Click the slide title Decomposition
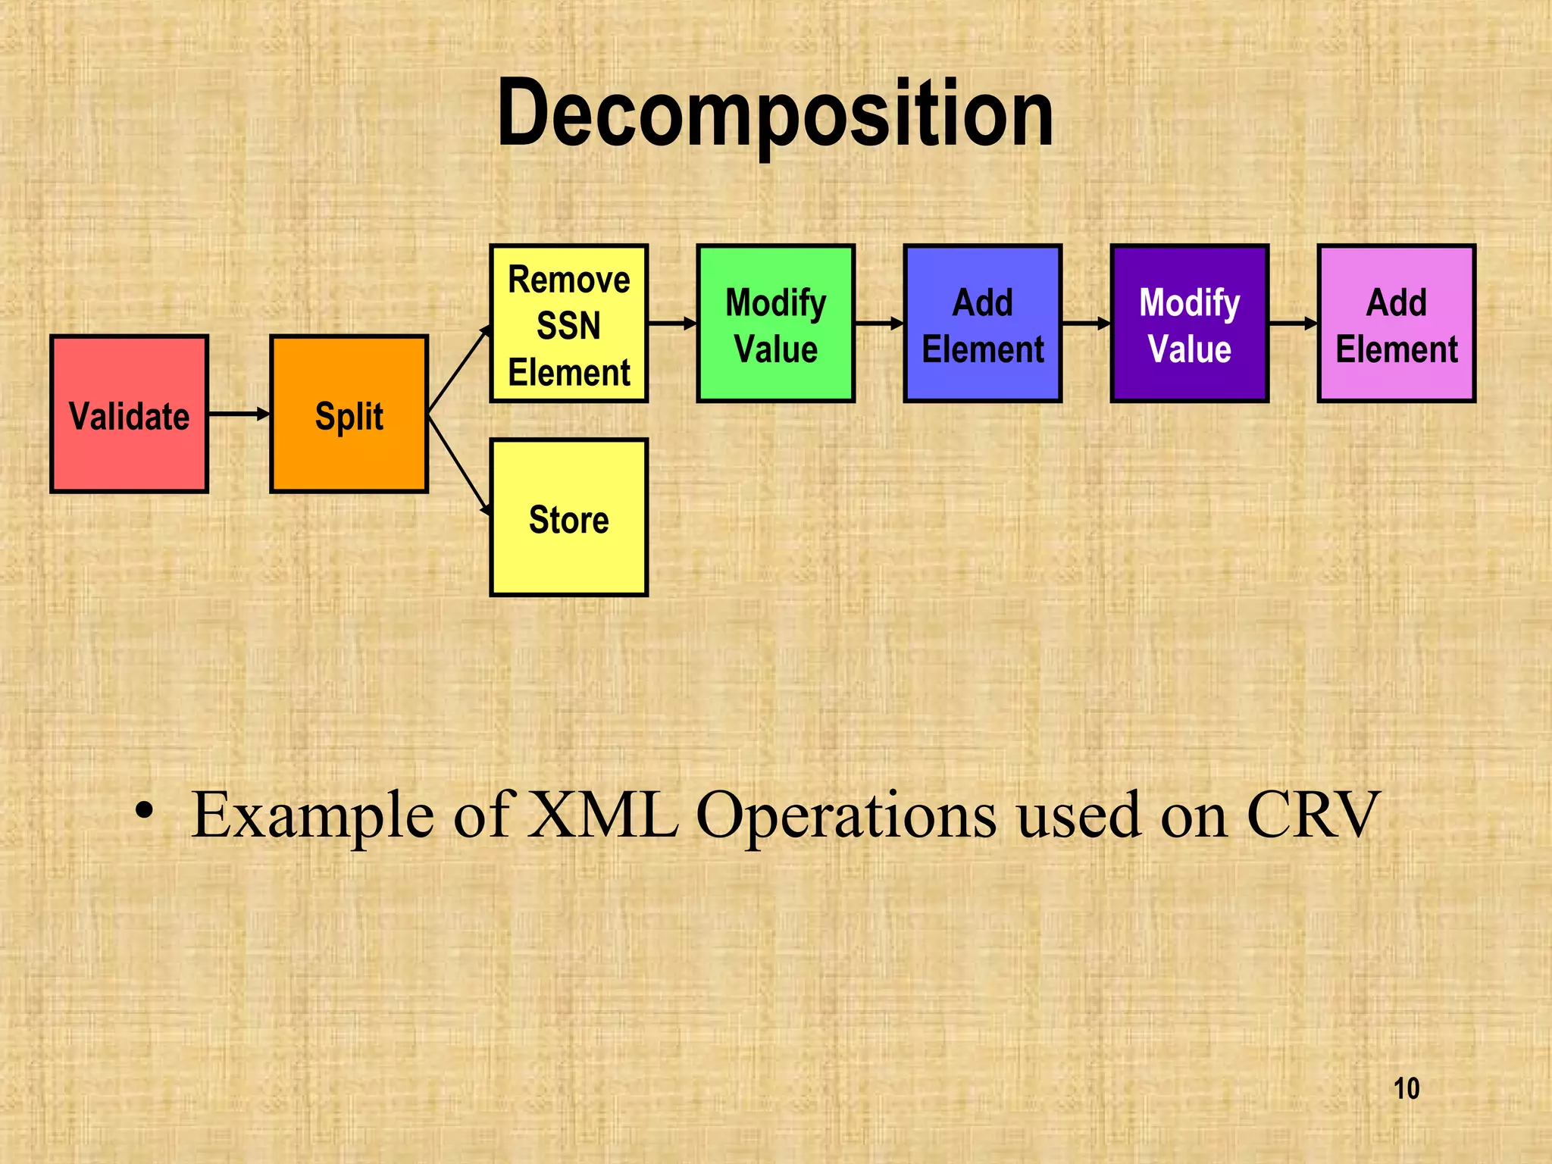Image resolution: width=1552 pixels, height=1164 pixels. pyautogui.click(x=774, y=114)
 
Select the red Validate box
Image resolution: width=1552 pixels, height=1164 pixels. pyautogui.click(x=129, y=415)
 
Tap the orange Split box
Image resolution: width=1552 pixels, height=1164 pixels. pyautogui.click(x=349, y=415)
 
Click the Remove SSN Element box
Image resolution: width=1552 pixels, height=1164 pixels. pyautogui.click(x=568, y=324)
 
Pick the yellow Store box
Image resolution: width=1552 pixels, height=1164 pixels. pyautogui.click(x=568, y=518)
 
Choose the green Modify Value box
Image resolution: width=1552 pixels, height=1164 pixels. pyautogui.click(x=775, y=324)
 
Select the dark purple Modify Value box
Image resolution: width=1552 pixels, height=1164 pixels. pyautogui.click(x=1189, y=324)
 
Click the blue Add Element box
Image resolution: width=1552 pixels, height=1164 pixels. pyautogui.click(x=982, y=324)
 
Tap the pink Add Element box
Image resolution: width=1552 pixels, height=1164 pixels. pyautogui.click(x=1396, y=324)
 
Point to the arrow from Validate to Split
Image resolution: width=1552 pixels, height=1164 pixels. pyautogui.click(x=239, y=414)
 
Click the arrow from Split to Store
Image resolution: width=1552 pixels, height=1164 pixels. pyautogui.click(x=459, y=465)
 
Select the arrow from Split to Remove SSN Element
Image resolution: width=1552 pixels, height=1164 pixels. pyautogui.click(x=459, y=370)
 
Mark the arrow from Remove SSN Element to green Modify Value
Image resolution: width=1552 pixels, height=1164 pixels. pyautogui.click(x=672, y=324)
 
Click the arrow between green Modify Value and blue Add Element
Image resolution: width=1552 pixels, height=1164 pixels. pyautogui.click(x=879, y=324)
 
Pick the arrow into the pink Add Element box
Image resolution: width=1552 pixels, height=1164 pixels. pyautogui.click(x=1293, y=324)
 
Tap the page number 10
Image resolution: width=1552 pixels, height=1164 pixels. pyautogui.click(x=1406, y=1089)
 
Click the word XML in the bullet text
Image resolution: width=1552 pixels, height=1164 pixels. pyautogui.click(x=603, y=815)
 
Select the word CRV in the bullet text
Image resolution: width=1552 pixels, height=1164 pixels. pyautogui.click(x=1313, y=815)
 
